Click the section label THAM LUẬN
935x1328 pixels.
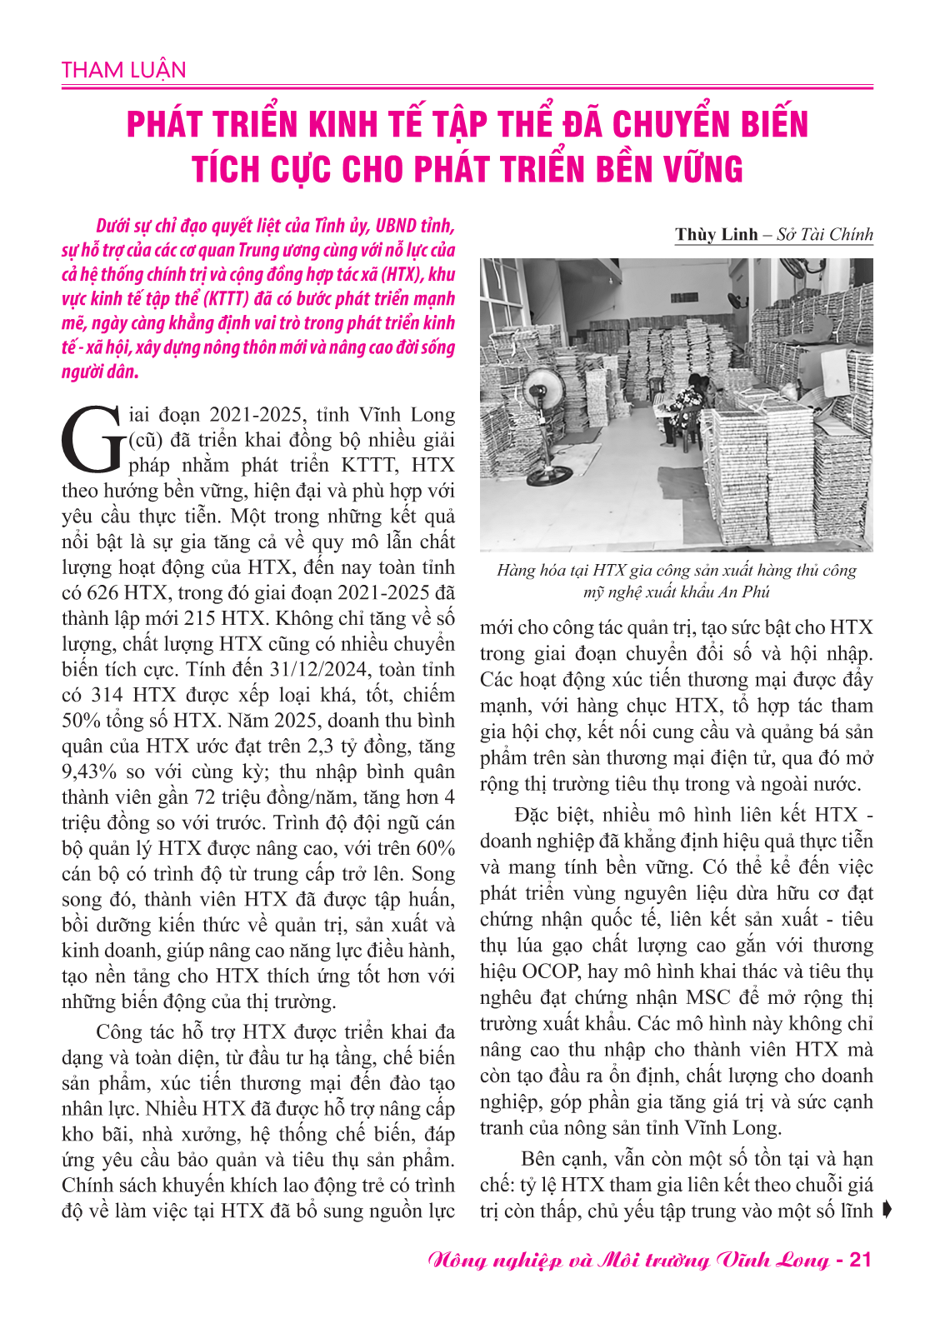coord(123,70)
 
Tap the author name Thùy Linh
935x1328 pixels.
coord(716,234)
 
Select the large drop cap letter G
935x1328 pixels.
coord(92,439)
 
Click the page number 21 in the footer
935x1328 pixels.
coord(859,1259)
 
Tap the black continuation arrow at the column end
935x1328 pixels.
coord(886,1210)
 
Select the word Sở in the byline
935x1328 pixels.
coord(786,234)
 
